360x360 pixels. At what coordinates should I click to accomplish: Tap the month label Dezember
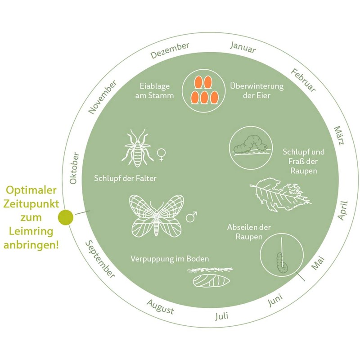(170, 50)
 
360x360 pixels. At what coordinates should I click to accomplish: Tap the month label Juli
(222, 315)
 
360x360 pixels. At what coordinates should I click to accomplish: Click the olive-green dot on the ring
(66, 217)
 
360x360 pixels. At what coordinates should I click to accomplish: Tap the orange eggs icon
(204, 89)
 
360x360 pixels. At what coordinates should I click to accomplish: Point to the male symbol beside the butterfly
(192, 217)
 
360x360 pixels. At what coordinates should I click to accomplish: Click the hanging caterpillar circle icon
(281, 256)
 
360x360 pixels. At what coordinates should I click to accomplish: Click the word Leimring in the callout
(31, 231)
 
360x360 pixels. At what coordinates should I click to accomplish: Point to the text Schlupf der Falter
(125, 178)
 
